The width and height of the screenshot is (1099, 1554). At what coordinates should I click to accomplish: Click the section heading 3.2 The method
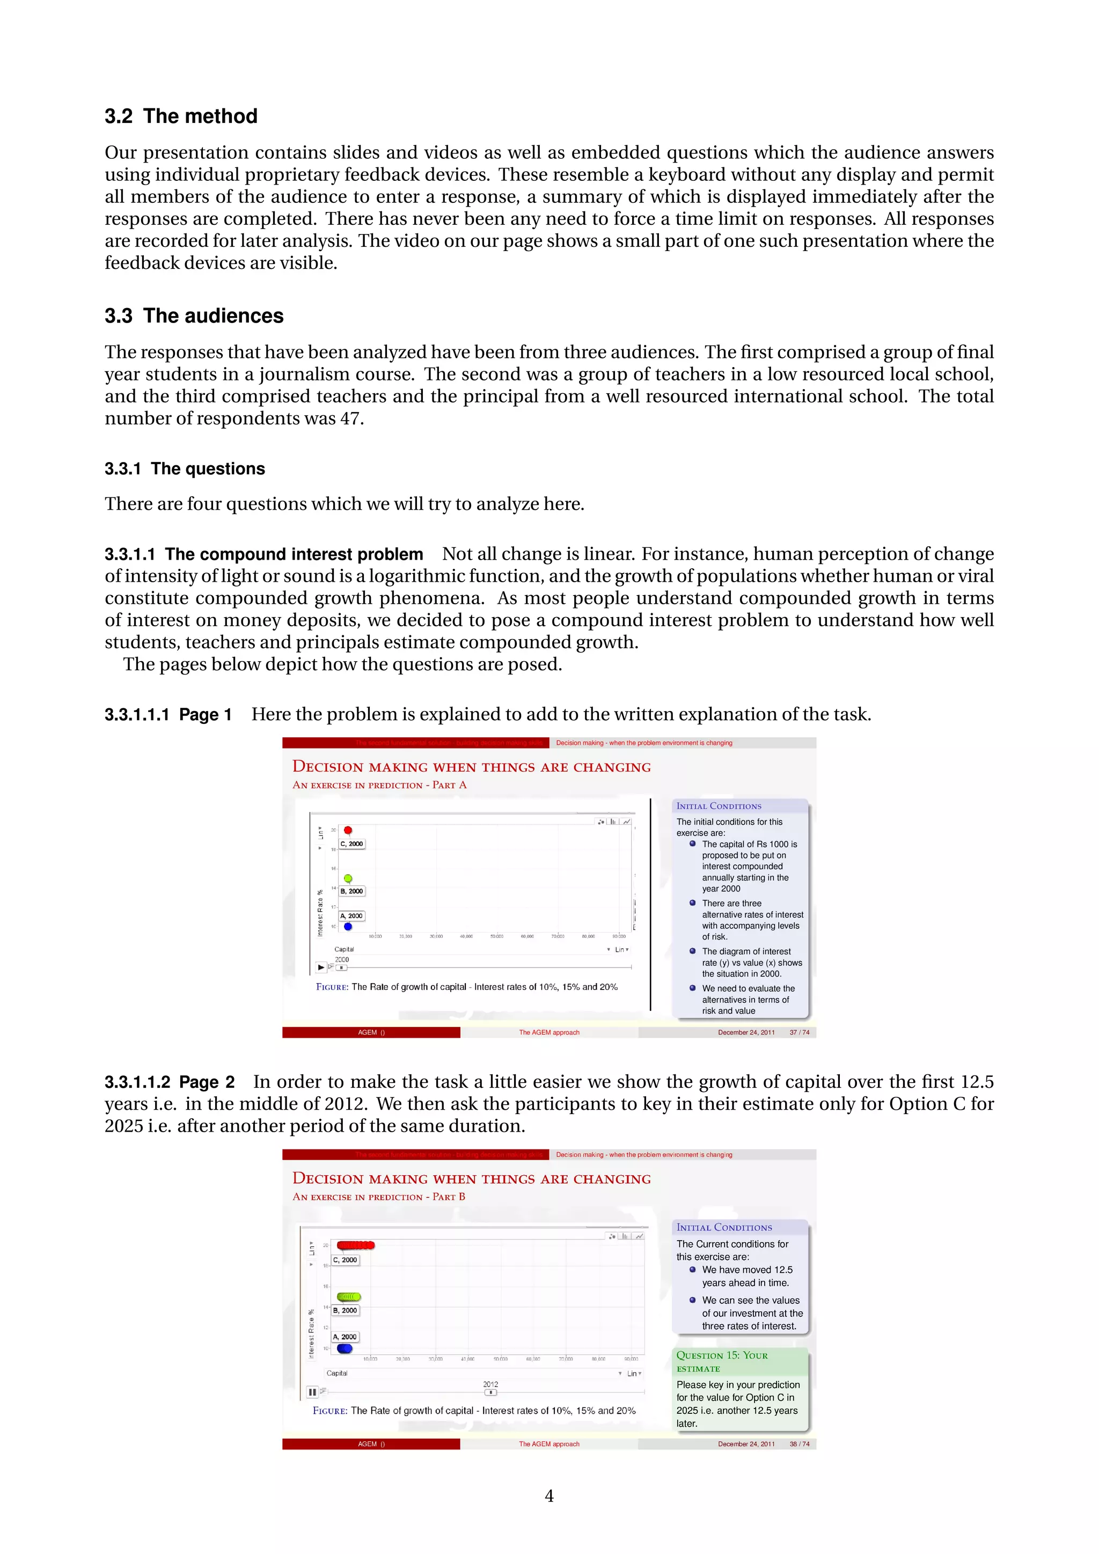coord(181,116)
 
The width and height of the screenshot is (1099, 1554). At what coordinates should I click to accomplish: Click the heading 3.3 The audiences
coord(194,316)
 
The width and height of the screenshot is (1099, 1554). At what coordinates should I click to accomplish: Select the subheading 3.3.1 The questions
coord(184,469)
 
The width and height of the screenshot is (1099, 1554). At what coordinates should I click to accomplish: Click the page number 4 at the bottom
coord(549,1496)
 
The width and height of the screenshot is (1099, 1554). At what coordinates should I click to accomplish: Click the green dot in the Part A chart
coord(348,878)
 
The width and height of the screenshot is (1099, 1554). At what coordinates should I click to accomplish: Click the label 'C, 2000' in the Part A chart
coord(351,844)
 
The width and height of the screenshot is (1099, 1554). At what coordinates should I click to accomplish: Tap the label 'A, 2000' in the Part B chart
coord(345,1337)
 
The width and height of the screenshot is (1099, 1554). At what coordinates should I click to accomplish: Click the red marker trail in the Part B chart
coord(355,1245)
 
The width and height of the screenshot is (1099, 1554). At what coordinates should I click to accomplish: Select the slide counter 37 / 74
coord(799,1033)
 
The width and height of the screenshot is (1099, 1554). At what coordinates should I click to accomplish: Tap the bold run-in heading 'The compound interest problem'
coord(294,554)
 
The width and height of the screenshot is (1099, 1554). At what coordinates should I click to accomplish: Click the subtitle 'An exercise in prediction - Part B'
coord(378,1197)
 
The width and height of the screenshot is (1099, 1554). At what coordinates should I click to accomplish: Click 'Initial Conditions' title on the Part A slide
coord(719,806)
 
